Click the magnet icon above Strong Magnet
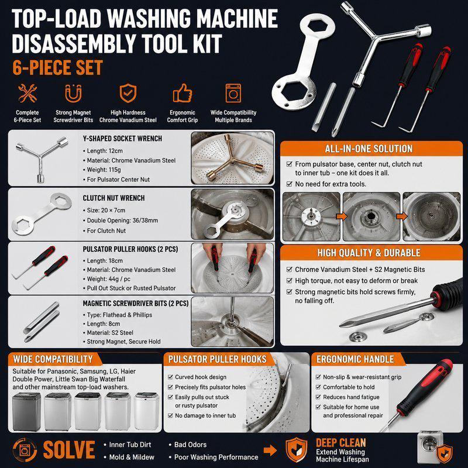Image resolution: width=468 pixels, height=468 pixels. pos(73,93)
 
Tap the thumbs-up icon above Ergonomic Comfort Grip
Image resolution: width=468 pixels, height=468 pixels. pos(183,93)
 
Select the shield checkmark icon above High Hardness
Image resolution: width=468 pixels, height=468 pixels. pos(128,93)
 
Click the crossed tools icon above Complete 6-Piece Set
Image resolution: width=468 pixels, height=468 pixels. pos(27,93)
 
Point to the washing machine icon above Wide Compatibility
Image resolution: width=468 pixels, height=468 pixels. pos(233,93)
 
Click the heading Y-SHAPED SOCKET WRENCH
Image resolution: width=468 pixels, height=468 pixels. pos(122,139)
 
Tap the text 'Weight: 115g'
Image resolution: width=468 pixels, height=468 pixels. pos(104,170)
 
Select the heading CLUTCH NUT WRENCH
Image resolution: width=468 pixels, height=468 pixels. pos(113,198)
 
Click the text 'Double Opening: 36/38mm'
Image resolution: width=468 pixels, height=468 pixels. pos(122,221)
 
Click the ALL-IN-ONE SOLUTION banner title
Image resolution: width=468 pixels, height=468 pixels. pos(369,149)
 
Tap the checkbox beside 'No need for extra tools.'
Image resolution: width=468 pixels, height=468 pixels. pos(289,184)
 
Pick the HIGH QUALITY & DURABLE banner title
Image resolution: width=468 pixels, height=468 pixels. pos(369,253)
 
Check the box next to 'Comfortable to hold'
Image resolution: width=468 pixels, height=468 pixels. pos(318,387)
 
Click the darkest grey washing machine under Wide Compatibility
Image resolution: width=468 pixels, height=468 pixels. pos(26,412)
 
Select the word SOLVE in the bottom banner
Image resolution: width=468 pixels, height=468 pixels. pos(69,450)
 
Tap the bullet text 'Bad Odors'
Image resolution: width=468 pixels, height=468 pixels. pos(191,445)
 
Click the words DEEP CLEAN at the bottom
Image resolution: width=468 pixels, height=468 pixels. pos(340,443)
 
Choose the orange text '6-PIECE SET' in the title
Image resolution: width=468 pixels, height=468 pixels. pos(57,67)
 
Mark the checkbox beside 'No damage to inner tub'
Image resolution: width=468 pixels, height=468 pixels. pos(170,415)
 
